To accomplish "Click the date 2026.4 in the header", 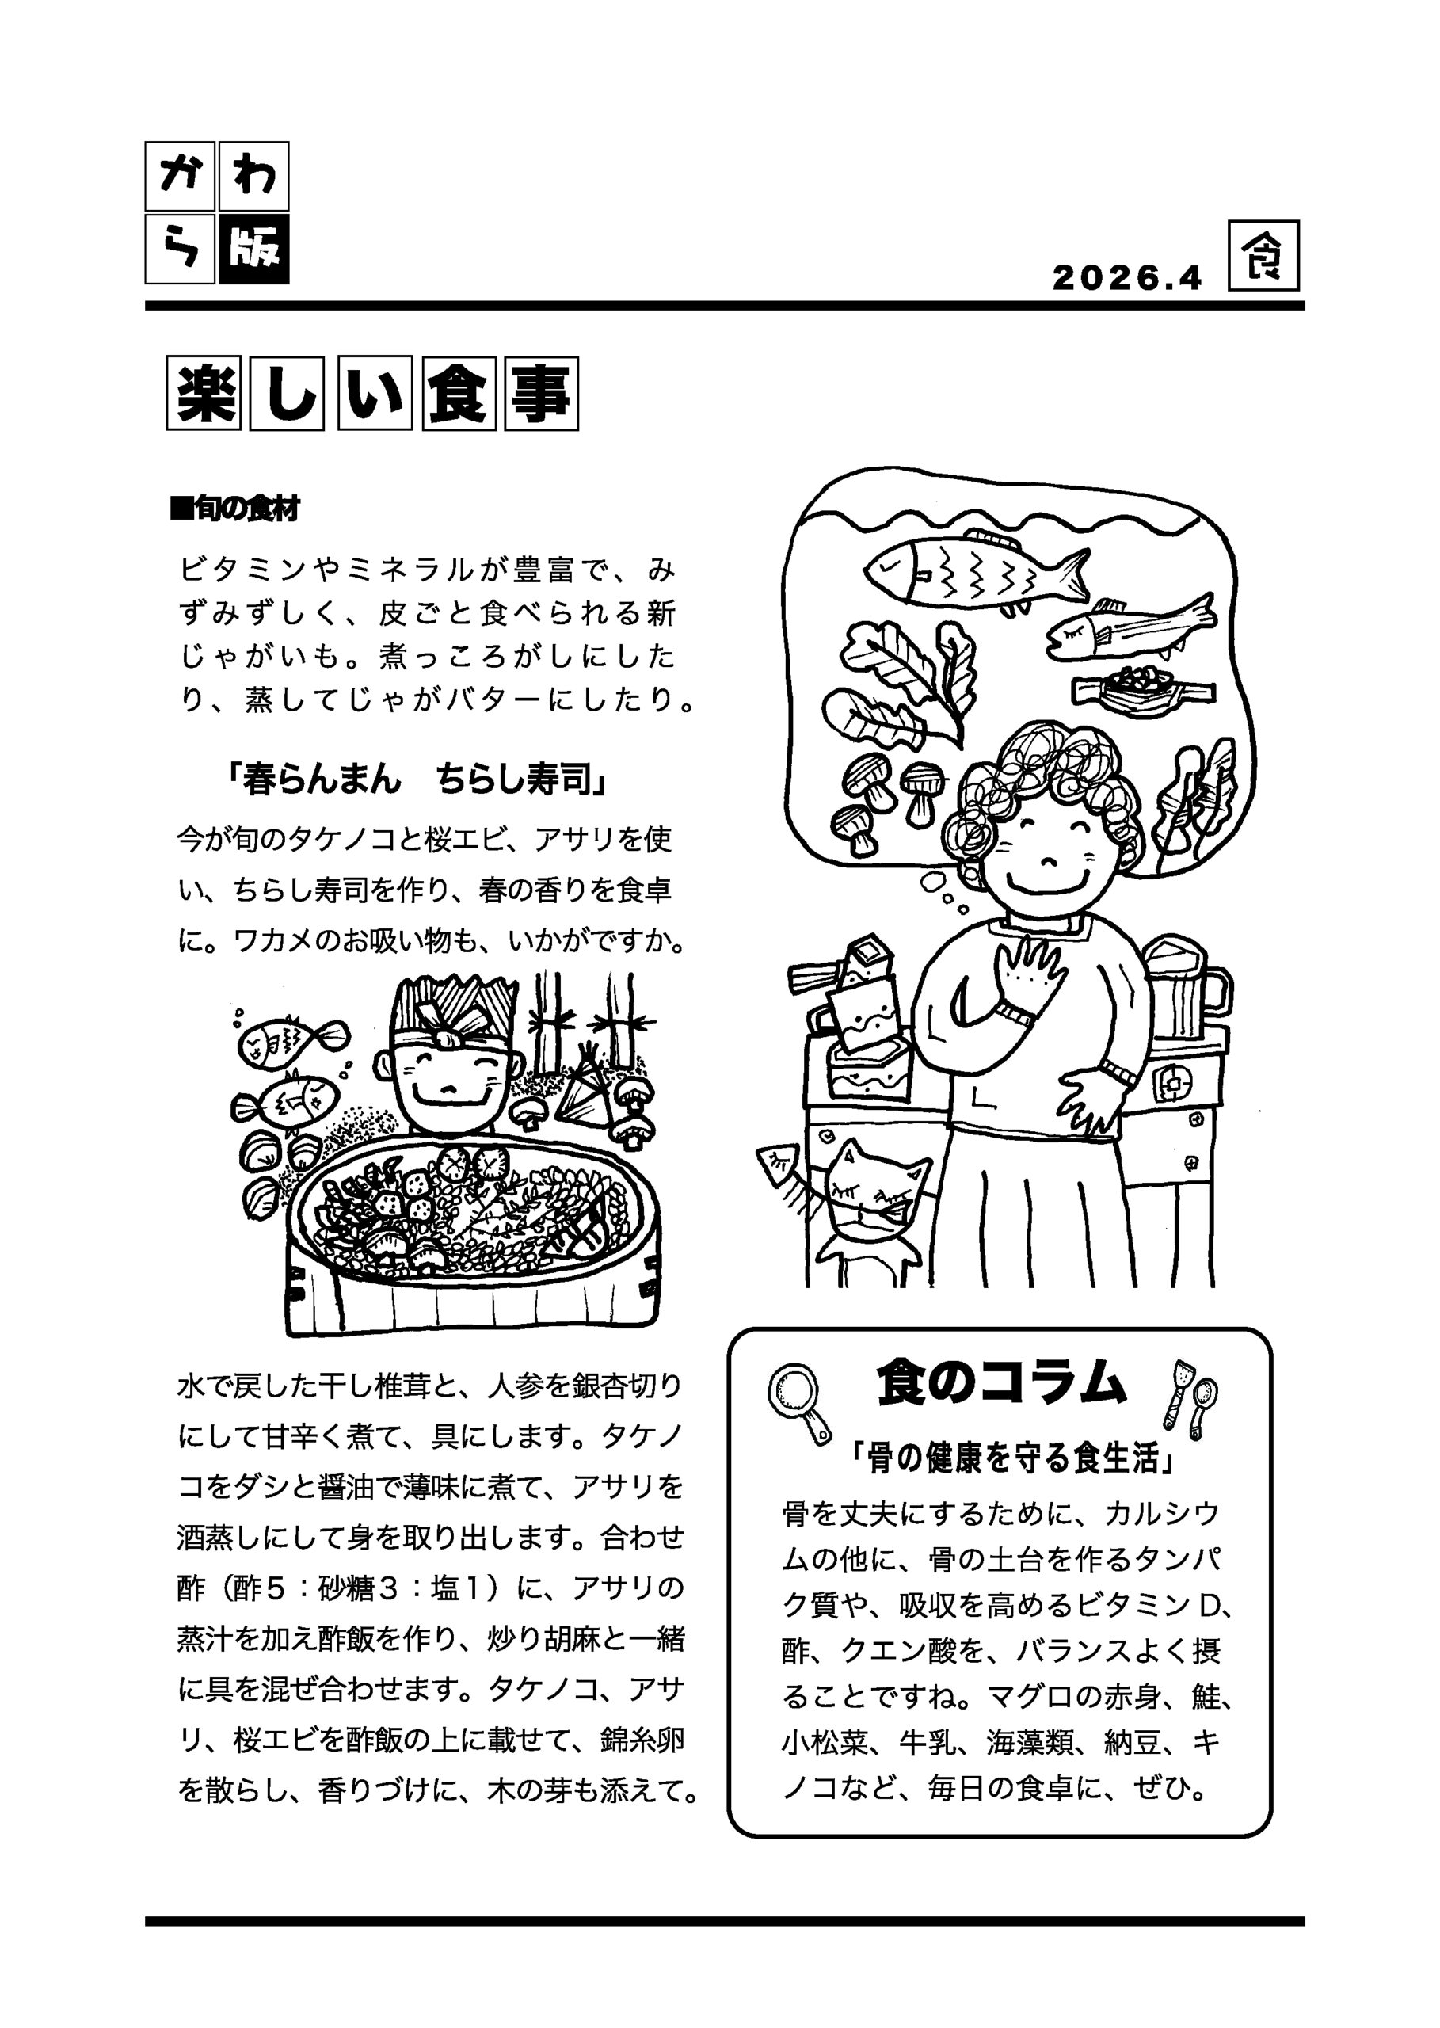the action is point(1126,278).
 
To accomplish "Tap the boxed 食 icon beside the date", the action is point(1263,256).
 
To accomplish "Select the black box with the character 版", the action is point(253,250).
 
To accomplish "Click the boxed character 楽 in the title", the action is point(203,394).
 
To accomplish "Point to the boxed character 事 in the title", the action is point(541,394).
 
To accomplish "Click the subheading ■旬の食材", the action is point(235,509).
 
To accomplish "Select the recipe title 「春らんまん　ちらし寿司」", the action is point(417,780).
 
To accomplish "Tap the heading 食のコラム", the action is point(1001,1384).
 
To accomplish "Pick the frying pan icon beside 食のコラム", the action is point(799,1402).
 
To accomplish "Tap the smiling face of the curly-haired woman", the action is point(1047,852).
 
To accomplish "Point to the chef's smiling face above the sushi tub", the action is point(448,1086).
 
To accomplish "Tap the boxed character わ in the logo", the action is point(253,176).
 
